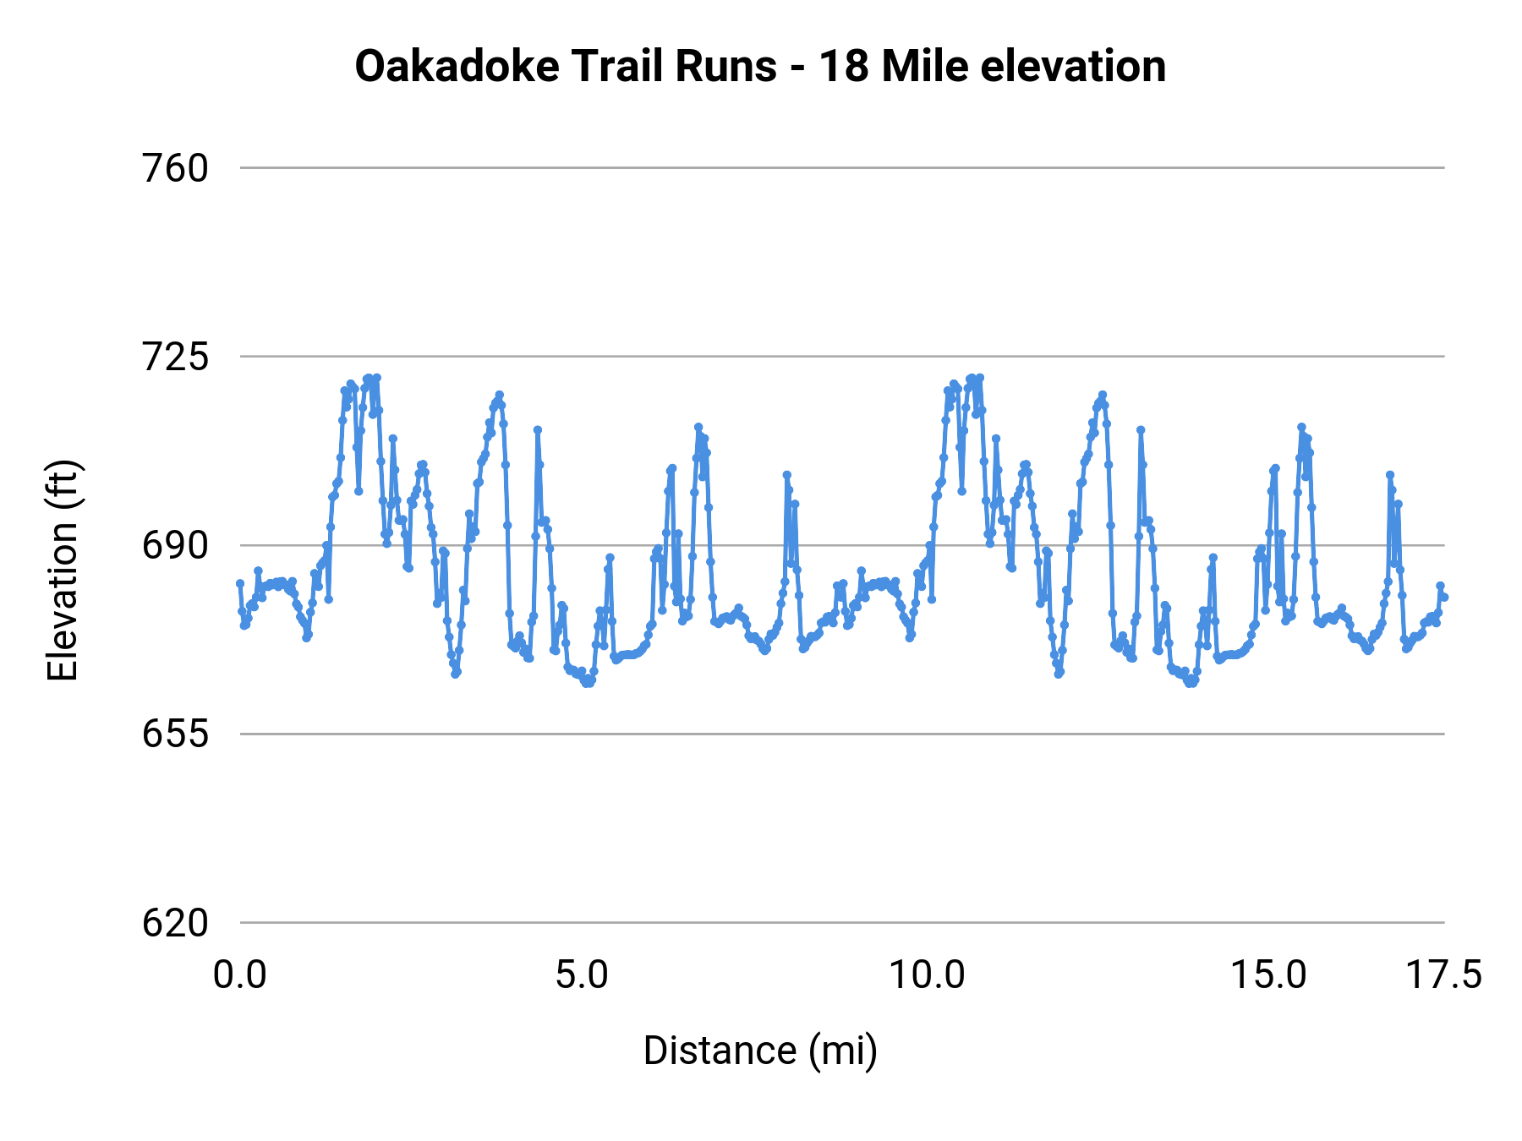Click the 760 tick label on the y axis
tap(175, 169)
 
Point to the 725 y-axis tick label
tap(175, 358)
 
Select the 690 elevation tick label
tap(175, 546)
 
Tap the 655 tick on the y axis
tap(175, 734)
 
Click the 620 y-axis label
tap(175, 923)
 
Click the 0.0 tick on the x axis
tap(240, 975)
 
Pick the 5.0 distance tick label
tap(582, 975)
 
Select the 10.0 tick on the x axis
tap(927, 975)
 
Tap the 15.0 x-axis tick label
tap(1268, 975)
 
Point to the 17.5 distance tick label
tap(1443, 975)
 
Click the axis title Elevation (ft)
tap(63, 570)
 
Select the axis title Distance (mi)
tap(760, 1051)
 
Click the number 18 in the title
tap(844, 66)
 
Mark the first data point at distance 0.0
tap(240, 583)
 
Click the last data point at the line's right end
tap(1445, 598)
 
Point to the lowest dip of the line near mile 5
tap(588, 683)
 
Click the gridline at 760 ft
tap(846, 168)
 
